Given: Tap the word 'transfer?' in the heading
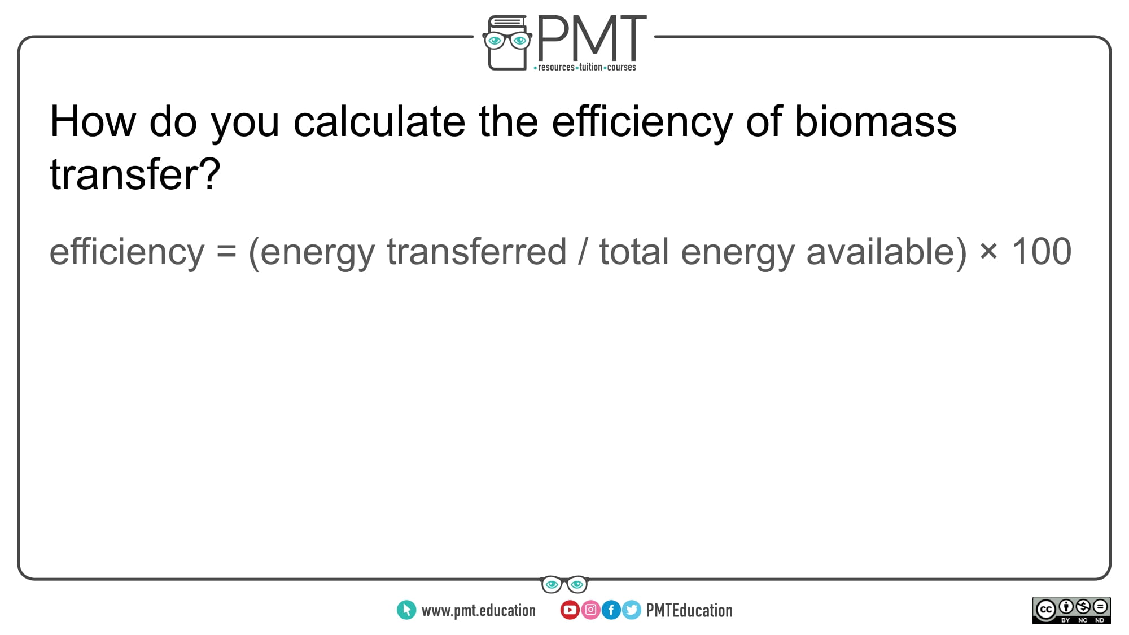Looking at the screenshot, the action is coord(135,174).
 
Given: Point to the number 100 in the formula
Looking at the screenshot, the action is coord(1041,251).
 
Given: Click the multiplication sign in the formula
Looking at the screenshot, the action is coord(988,252).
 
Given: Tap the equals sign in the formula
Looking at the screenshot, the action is coord(226,252).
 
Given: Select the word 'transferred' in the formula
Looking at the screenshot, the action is coord(476,251).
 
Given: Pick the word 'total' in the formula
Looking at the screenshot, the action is coord(634,251).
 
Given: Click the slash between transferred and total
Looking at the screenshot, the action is coord(583,251).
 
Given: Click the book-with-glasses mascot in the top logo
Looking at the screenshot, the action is coord(507,43).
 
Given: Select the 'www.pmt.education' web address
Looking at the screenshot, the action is coord(478,610).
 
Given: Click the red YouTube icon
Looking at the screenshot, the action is coord(570,610).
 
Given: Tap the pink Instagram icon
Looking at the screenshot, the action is coord(590,610).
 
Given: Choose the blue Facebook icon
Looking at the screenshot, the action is coord(611,610).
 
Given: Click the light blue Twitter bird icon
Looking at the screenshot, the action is coord(632,610).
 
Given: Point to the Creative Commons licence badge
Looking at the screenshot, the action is coord(1071,610).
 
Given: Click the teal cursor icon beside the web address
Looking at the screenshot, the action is coord(406,610).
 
